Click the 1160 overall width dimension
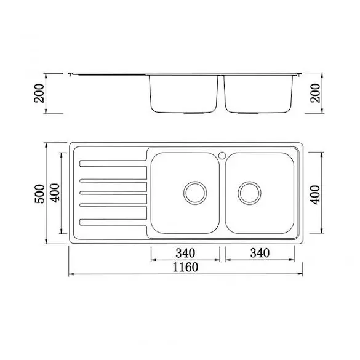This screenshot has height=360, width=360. click(185, 267)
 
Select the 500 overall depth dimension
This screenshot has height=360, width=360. click(39, 194)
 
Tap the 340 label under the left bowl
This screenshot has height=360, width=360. click(185, 253)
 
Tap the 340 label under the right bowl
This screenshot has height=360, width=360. click(260, 253)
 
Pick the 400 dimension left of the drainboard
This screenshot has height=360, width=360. click(55, 193)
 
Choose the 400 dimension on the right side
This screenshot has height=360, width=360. click(315, 194)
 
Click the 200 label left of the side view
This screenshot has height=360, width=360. click(39, 93)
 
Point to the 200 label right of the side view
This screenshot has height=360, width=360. click(315, 93)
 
